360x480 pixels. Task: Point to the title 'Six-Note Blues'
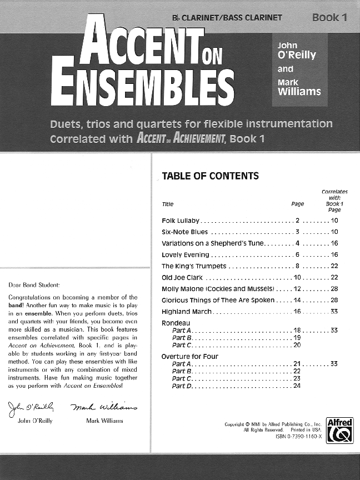coord(184,232)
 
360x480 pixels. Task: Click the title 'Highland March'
coord(186,312)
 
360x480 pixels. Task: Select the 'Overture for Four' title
coord(189,356)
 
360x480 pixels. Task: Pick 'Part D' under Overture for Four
coord(182,386)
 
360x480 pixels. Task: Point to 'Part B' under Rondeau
coord(182,338)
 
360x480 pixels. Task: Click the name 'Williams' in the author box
coord(299,92)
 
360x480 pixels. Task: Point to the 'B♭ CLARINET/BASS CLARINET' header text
coord(227,18)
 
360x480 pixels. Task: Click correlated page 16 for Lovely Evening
coord(334,255)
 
